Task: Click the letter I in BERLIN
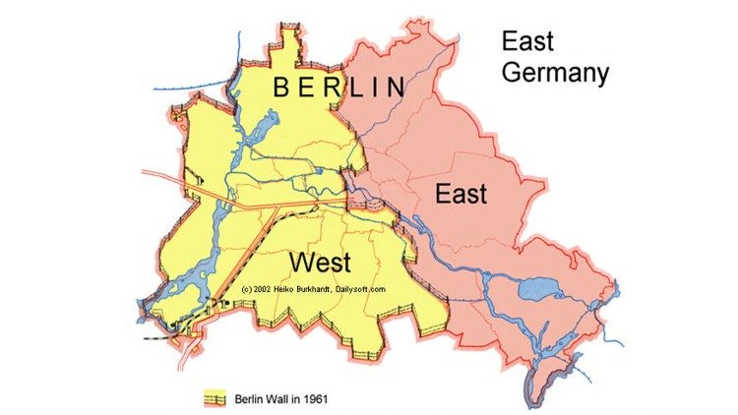click(377, 88)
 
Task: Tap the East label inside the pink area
click(461, 194)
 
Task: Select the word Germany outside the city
click(555, 73)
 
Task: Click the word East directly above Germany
click(527, 41)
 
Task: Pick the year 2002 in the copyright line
click(266, 289)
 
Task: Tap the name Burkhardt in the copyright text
click(325, 289)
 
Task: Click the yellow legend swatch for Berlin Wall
click(215, 398)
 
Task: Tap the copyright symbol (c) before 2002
click(246, 289)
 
